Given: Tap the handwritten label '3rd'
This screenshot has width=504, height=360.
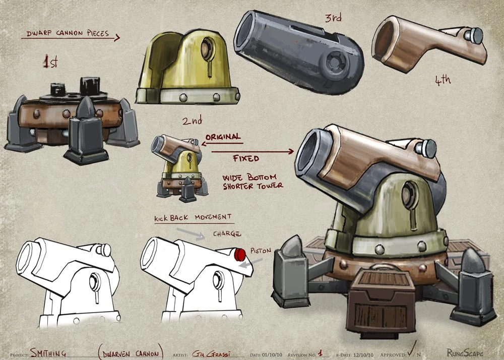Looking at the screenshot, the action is click(333, 18).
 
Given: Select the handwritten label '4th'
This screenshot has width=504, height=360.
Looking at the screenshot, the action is click(443, 80).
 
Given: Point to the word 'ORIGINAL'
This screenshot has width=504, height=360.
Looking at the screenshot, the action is click(223, 137).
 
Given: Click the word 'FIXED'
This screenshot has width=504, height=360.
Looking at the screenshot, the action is click(246, 158).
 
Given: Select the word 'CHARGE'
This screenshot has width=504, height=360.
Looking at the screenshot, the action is click(227, 234).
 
